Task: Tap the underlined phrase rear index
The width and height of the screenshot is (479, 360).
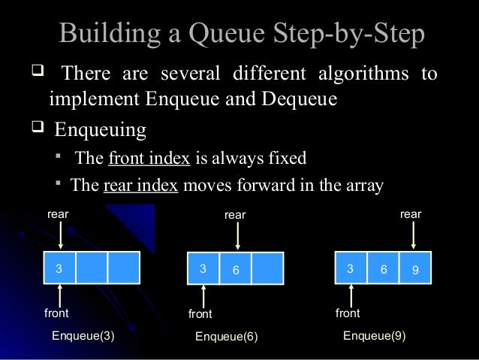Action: pos(140,186)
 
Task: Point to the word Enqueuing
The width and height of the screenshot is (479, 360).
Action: pos(100,130)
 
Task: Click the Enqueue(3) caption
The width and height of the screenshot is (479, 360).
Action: pos(83,336)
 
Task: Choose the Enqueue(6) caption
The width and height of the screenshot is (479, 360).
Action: pos(226,337)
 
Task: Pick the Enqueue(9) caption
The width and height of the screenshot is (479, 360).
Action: pos(374,336)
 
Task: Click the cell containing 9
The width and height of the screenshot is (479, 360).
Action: pos(415,268)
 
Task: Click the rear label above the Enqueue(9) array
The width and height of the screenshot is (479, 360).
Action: pos(411,214)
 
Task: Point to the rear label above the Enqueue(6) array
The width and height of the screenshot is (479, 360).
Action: pos(235,215)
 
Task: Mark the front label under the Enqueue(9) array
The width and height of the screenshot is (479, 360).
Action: pos(348,313)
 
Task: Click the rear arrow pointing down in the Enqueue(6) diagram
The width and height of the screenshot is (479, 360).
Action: pos(237,236)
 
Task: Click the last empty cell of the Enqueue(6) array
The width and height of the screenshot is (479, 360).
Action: pos(267,268)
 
